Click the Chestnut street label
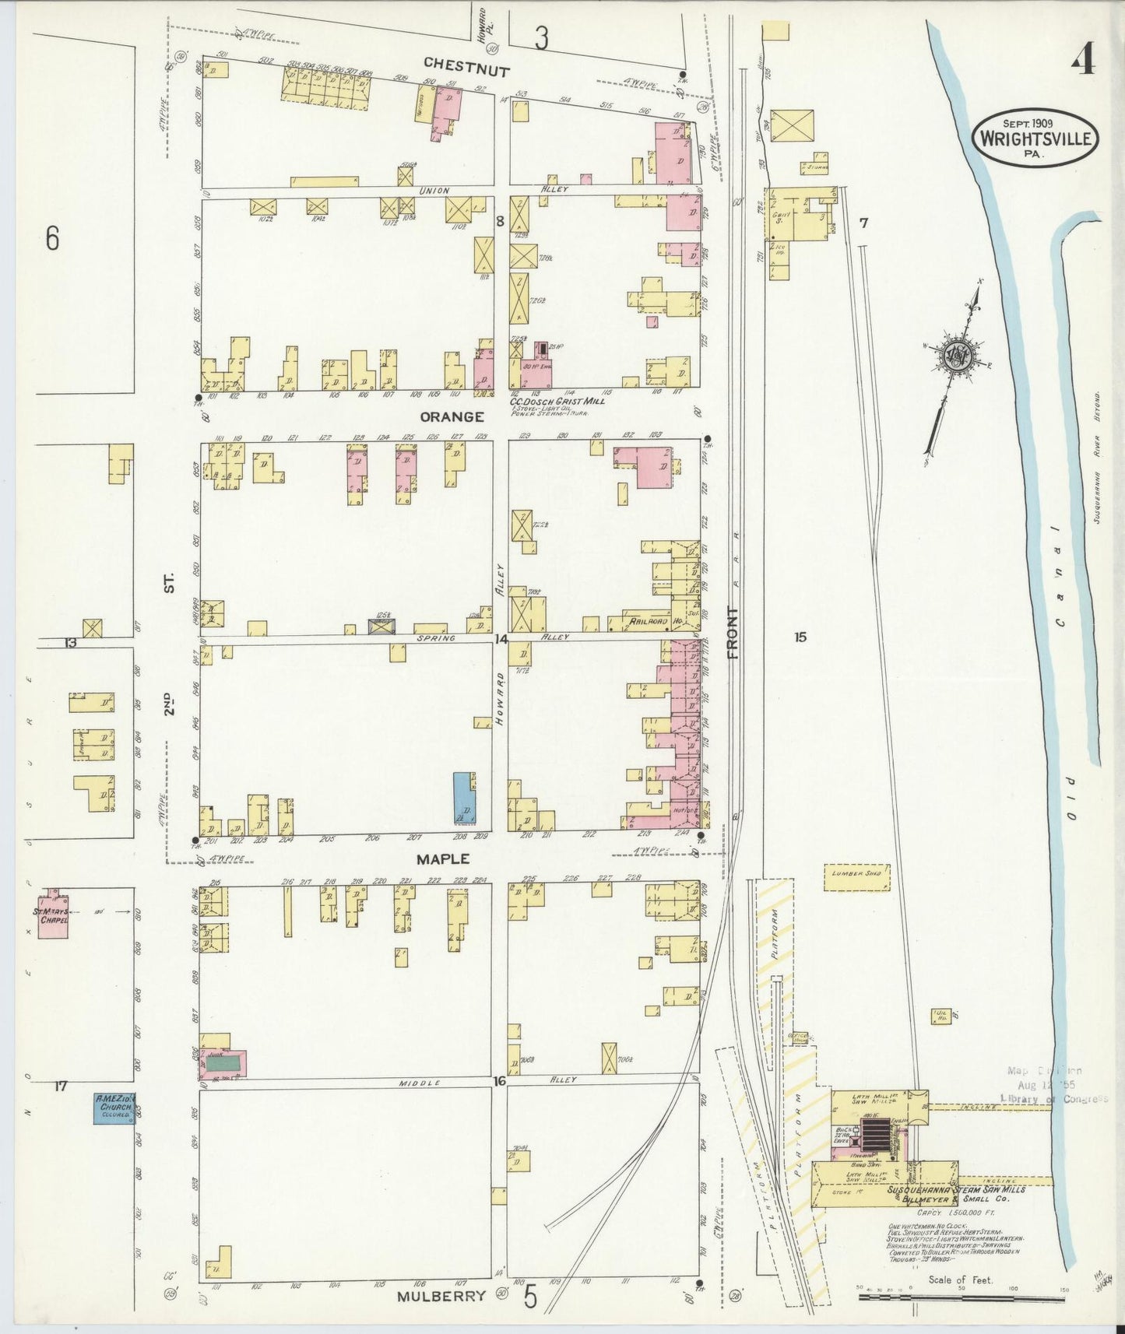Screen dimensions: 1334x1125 click(x=467, y=68)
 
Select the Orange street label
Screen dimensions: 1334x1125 click(x=452, y=417)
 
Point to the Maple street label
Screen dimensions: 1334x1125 click(x=443, y=858)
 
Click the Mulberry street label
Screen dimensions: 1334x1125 click(x=444, y=1296)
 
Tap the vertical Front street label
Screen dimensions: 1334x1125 click(x=733, y=634)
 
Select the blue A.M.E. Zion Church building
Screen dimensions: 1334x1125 click(x=114, y=1108)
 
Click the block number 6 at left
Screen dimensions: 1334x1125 click(x=51, y=238)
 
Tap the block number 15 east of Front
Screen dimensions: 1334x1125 click(x=800, y=637)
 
